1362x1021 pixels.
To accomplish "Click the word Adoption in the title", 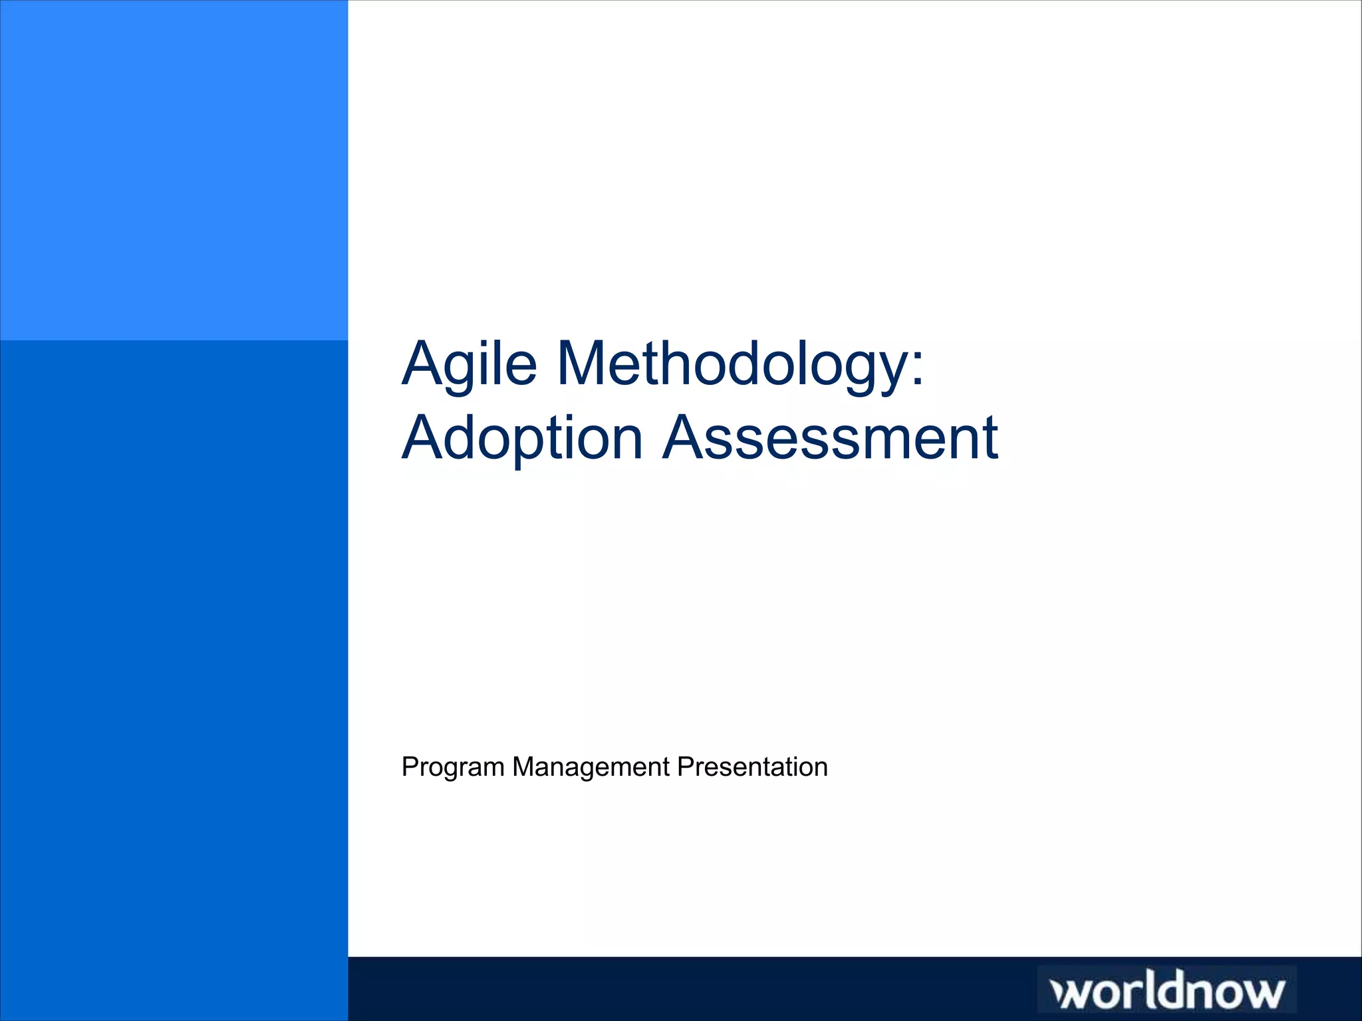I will click(x=523, y=439).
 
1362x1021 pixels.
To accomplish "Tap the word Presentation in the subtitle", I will click(x=752, y=767).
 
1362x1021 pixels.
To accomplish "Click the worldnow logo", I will click(x=1167, y=990).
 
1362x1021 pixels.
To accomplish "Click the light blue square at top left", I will click(x=174, y=170).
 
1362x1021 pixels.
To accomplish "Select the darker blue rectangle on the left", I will click(x=174, y=678).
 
